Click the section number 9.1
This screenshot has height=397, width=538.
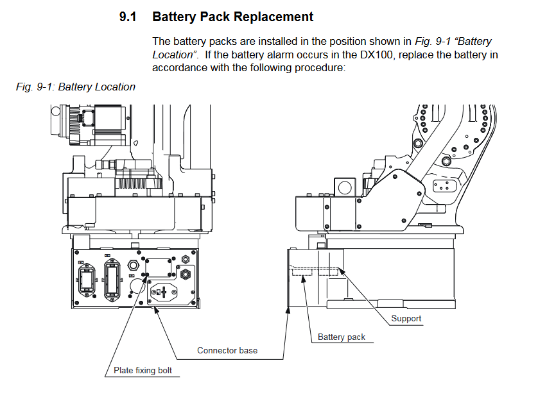128,17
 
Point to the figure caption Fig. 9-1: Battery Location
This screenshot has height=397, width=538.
75,87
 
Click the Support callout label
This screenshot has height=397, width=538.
406,318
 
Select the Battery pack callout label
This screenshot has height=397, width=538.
342,337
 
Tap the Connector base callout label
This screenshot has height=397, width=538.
227,350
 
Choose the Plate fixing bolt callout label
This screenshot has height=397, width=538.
143,370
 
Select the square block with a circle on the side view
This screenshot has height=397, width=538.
344,188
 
